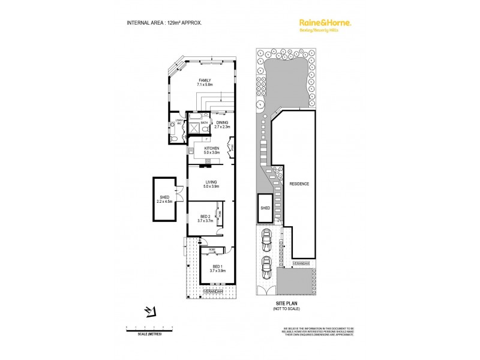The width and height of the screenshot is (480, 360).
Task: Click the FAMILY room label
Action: coord(205,82)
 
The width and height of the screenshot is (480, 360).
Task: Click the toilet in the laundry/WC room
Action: coord(173,138)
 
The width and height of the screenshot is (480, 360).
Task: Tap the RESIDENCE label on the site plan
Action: coord(299,184)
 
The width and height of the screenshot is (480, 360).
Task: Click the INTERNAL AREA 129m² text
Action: coord(164,23)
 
